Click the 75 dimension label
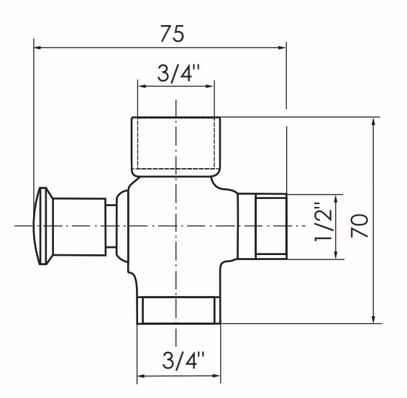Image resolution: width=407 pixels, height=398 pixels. tap(172, 34)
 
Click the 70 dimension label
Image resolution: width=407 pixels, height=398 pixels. tap(360, 226)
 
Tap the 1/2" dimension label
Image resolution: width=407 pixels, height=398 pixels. tap(323, 222)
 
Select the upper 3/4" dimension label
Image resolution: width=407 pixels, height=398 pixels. tap(178, 73)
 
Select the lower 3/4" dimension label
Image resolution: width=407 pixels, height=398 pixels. tap(183, 360)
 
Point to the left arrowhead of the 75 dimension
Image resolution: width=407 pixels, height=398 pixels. tap(37, 47)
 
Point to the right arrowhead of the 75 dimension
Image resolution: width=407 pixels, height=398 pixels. tap(282, 47)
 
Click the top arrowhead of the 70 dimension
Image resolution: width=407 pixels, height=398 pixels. tap(373, 121)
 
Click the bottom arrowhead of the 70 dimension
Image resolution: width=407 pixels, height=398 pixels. tap(373, 319)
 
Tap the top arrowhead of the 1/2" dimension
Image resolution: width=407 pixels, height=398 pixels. tap(336, 198)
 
